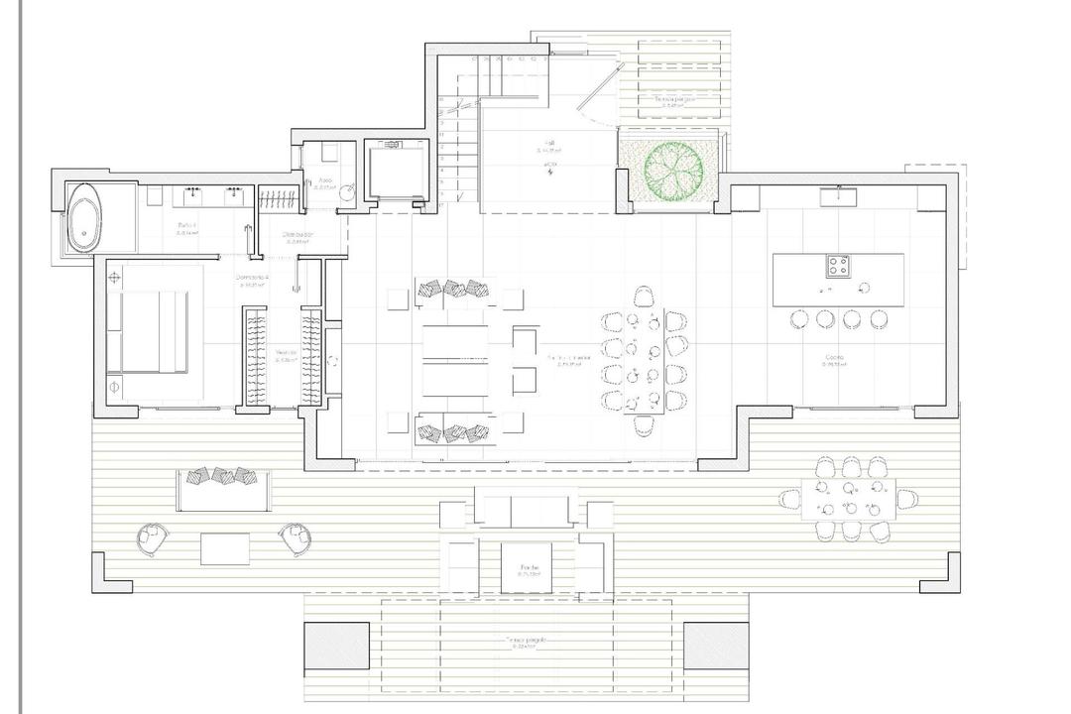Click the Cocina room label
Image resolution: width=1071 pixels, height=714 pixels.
833,358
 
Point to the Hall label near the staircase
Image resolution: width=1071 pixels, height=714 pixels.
548,143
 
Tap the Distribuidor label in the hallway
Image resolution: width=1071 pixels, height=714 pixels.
297,235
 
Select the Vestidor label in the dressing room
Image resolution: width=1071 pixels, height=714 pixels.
286,352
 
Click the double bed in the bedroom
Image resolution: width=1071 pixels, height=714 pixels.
149,332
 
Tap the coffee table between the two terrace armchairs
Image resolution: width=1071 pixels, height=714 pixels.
225,548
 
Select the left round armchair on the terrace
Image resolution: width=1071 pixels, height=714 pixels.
152,537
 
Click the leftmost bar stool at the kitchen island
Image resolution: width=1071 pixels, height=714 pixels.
798,319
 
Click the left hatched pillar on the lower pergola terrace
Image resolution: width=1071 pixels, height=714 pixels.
336,646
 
